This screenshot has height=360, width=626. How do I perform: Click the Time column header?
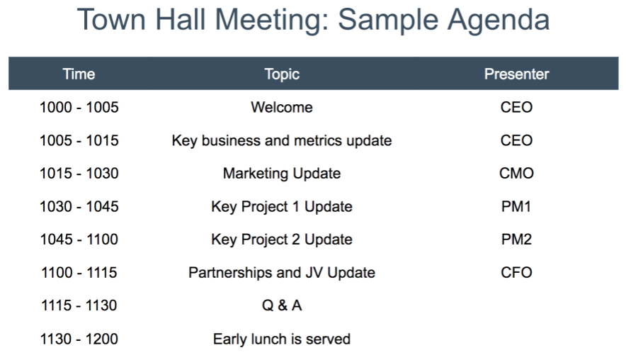[x=79, y=74]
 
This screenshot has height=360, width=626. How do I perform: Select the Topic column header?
[x=282, y=74]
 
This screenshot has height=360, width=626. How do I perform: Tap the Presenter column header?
[x=516, y=74]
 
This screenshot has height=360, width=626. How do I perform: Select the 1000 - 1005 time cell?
[x=79, y=108]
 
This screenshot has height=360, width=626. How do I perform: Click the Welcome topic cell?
[x=282, y=108]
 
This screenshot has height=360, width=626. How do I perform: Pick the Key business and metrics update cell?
[x=282, y=140]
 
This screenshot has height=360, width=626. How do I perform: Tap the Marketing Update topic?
[x=282, y=174]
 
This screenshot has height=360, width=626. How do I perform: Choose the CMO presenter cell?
[x=516, y=174]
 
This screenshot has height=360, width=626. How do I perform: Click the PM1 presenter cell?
[x=516, y=206]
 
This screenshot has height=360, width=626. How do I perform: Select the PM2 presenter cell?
[x=516, y=240]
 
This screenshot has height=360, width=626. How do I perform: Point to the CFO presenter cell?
[x=516, y=272]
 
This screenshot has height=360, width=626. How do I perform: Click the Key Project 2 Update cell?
[x=282, y=240]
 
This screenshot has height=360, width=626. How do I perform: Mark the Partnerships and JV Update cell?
[x=282, y=272]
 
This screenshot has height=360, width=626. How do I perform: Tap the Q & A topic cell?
[x=282, y=305]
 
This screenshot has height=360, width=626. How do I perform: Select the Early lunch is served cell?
[x=282, y=339]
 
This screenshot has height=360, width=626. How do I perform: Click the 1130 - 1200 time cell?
[x=79, y=339]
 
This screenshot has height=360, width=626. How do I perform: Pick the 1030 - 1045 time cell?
[x=79, y=206]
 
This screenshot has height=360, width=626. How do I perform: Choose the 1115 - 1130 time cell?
[x=79, y=305]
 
